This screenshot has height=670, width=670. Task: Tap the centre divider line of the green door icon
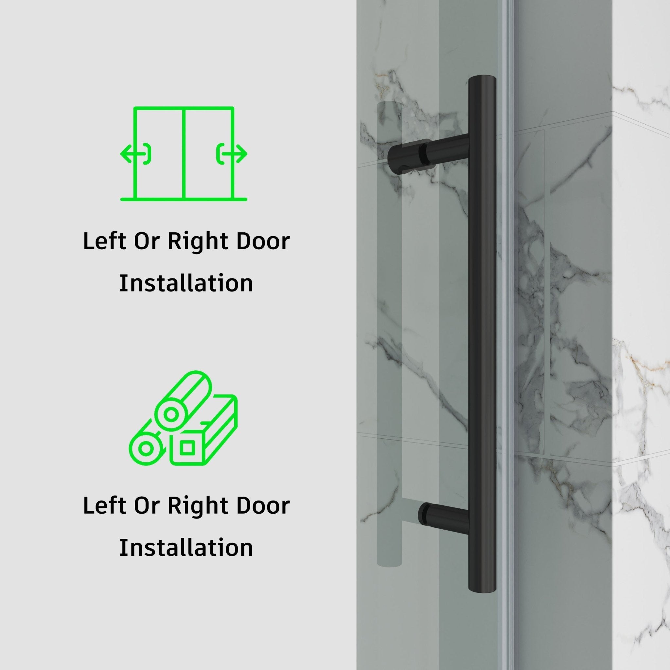(x=183, y=152)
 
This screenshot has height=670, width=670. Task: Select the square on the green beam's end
(x=187, y=448)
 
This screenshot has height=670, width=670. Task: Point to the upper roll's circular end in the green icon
(x=171, y=414)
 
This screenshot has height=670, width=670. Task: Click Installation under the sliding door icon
(x=186, y=283)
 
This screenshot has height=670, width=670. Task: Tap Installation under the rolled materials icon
(x=186, y=548)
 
